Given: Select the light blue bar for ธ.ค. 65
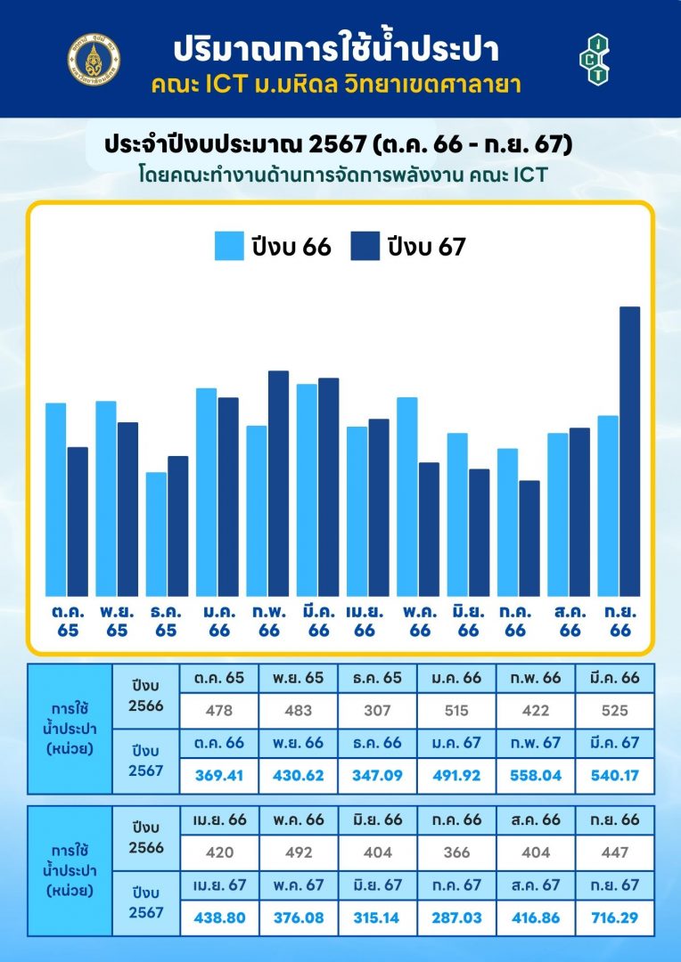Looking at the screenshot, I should (156, 534).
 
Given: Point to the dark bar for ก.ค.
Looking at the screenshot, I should (529, 538).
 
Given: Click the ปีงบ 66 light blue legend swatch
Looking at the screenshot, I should (229, 246).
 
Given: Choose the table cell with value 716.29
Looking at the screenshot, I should (615, 917).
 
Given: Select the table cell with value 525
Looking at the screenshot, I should (615, 711).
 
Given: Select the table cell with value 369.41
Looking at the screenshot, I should (219, 775).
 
